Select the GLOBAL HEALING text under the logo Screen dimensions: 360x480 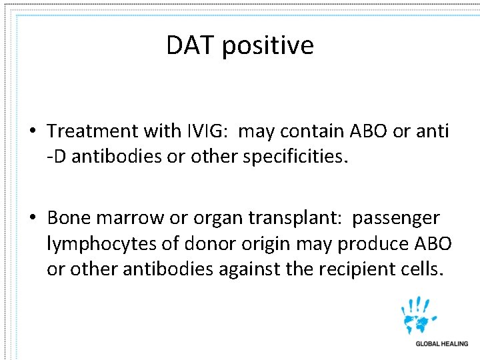(441, 344)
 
